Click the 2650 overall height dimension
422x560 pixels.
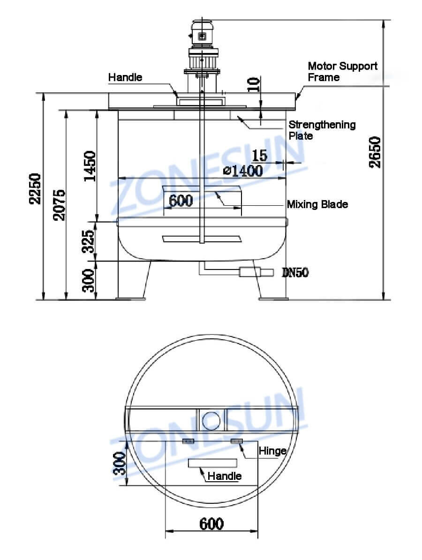[x=375, y=152]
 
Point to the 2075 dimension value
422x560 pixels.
[x=59, y=204]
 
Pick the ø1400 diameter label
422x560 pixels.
[x=242, y=171]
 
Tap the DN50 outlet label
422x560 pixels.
[x=295, y=272]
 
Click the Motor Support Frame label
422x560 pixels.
[x=342, y=72]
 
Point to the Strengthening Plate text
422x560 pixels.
[x=322, y=130]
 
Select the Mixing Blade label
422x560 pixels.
[x=317, y=204]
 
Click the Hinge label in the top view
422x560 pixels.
[x=272, y=451]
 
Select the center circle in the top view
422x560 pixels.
[x=211, y=420]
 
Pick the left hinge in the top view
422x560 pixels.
[x=188, y=441]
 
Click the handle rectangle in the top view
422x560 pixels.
[x=212, y=463]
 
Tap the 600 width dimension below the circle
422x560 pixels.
[x=211, y=523]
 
